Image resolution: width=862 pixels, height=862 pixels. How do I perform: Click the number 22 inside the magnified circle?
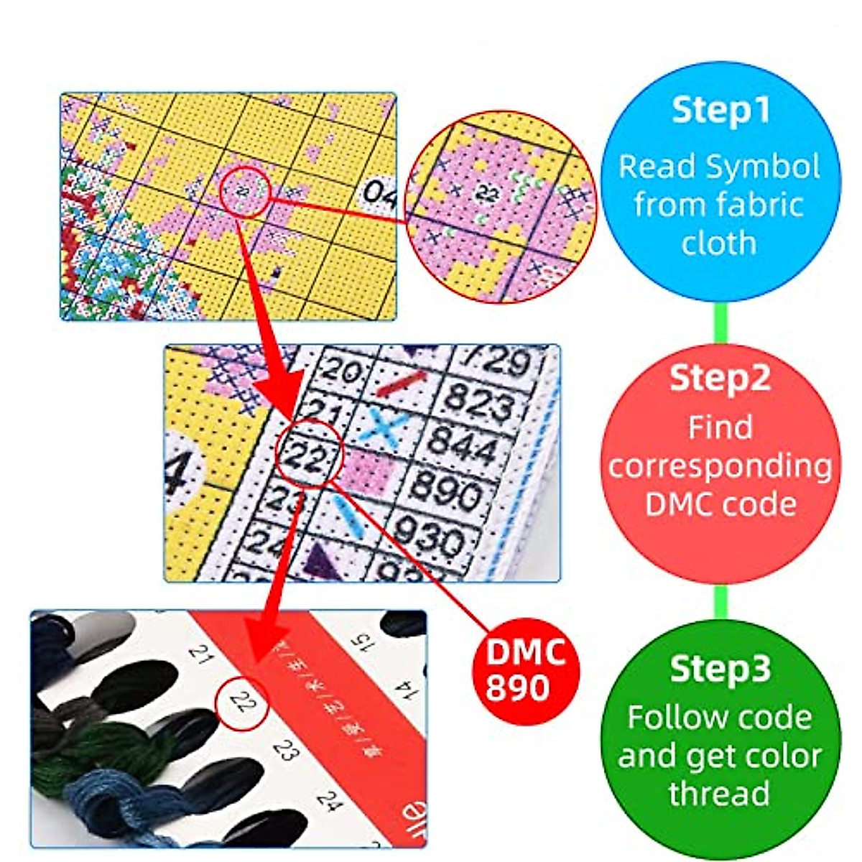487,192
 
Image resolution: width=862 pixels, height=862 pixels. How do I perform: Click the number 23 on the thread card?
286,751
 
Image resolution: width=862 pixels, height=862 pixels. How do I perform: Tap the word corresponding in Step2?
719,466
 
